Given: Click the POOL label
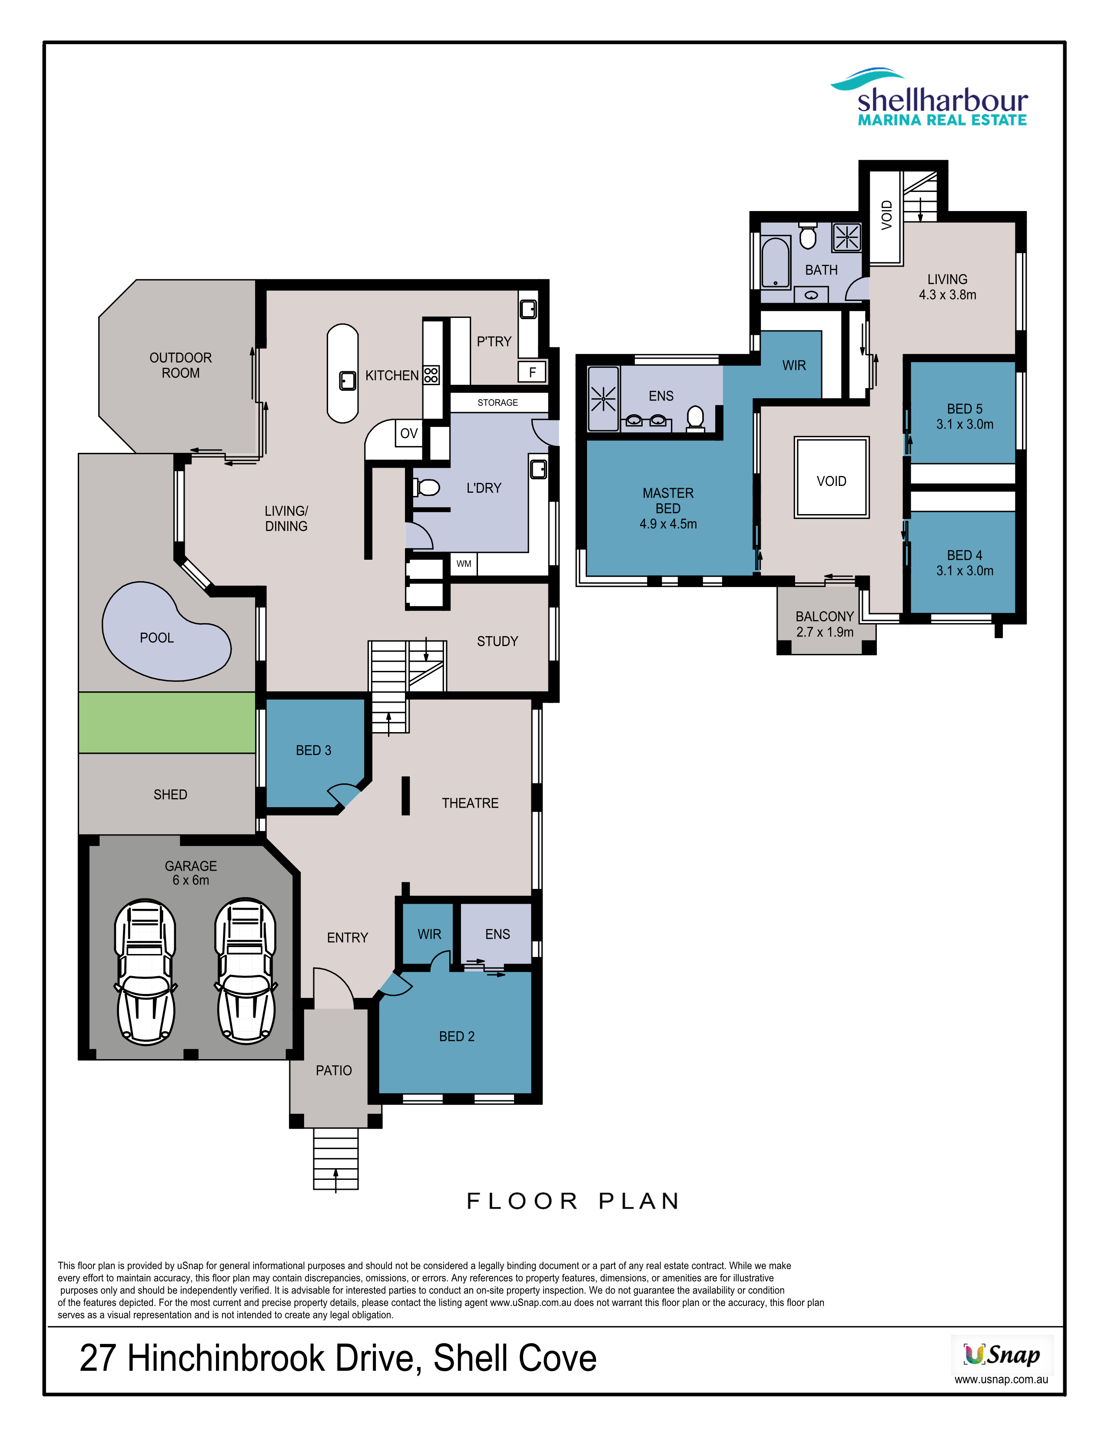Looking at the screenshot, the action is point(157,638).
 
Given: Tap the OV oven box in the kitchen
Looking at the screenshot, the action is point(409,433).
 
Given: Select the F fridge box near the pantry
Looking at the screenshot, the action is point(532,372).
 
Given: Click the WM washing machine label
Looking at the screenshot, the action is point(464,564).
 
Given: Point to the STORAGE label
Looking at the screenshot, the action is point(498,402).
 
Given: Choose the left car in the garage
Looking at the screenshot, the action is point(145,972).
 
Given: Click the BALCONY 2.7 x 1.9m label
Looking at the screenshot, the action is point(825,624).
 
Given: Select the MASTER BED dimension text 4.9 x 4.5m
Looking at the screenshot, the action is point(668,524).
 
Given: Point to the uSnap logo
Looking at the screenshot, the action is point(1002,1354).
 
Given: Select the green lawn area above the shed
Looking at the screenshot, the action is point(167,723).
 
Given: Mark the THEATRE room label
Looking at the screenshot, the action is point(470,803).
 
